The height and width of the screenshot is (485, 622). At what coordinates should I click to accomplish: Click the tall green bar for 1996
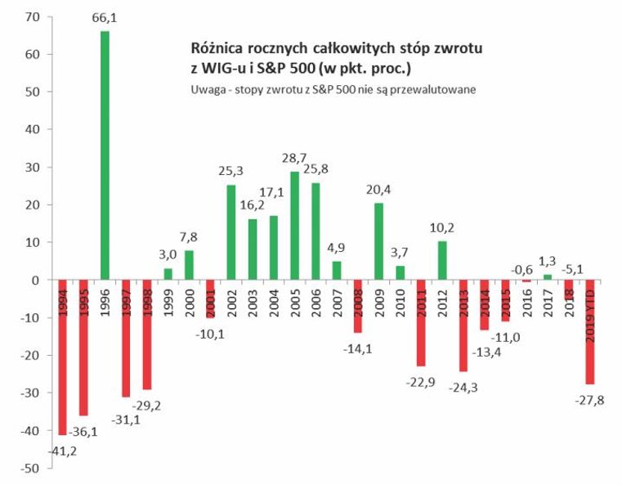click(x=105, y=155)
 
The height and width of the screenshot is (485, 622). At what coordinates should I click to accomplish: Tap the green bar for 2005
click(x=295, y=226)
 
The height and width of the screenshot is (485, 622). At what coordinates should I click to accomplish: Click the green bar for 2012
click(x=442, y=260)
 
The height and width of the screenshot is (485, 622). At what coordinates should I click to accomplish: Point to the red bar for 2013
click(x=463, y=326)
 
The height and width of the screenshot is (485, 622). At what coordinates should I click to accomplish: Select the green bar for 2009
click(x=379, y=241)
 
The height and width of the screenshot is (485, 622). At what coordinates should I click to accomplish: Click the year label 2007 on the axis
click(x=337, y=300)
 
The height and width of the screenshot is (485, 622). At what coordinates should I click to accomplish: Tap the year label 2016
click(x=526, y=300)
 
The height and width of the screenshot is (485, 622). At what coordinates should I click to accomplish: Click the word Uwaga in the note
click(x=206, y=88)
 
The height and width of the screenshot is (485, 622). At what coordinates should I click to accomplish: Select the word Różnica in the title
click(x=217, y=48)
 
